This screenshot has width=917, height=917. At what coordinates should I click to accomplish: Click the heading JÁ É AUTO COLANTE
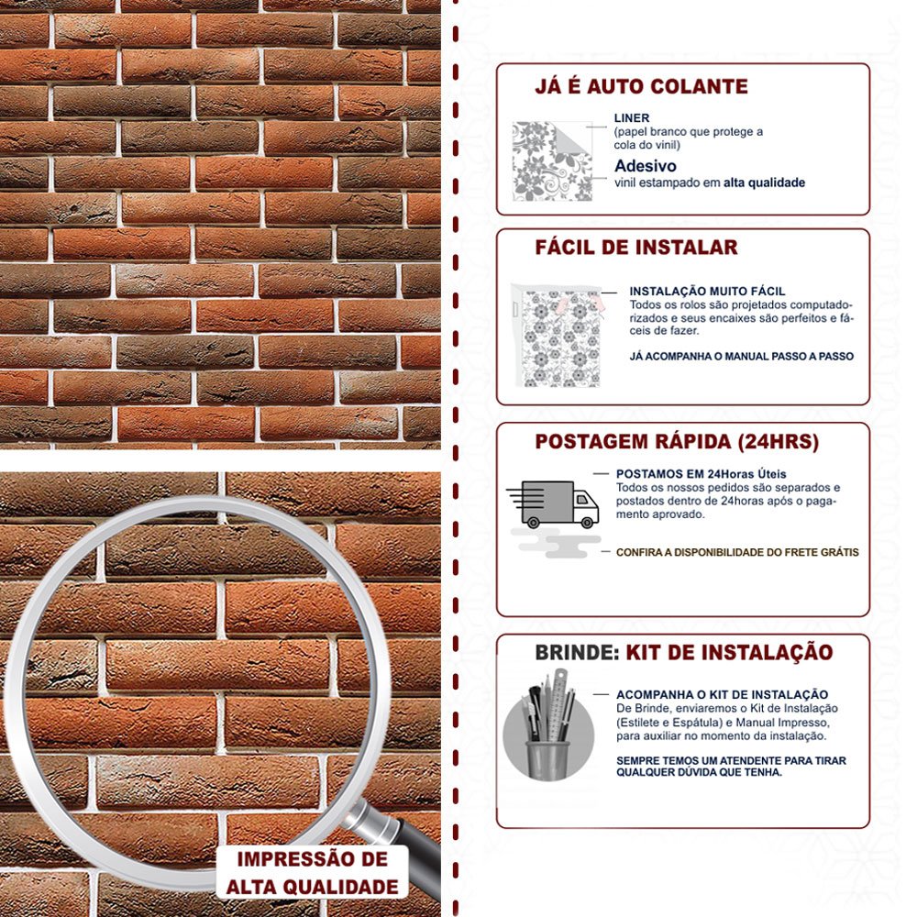[641, 86]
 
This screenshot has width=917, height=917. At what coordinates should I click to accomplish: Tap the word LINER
[632, 117]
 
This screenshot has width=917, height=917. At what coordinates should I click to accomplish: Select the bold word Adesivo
[645, 166]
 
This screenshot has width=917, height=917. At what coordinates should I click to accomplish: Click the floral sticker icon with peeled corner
[552, 160]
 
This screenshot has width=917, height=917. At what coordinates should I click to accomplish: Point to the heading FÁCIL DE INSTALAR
[636, 248]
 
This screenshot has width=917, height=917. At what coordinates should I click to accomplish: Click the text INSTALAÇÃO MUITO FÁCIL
[708, 292]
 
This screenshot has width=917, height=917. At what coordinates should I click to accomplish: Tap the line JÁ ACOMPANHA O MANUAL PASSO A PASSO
[742, 356]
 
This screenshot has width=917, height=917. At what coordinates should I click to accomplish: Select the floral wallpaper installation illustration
[557, 336]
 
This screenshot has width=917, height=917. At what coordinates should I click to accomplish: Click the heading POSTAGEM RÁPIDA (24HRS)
[677, 442]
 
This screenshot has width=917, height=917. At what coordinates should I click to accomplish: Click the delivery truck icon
[553, 504]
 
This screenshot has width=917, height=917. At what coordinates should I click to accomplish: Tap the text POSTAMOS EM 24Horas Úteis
[702, 474]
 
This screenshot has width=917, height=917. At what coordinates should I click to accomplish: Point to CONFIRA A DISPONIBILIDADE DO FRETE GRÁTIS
[737, 552]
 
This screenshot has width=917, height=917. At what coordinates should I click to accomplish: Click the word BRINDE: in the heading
[577, 653]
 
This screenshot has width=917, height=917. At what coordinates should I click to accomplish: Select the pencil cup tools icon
[549, 725]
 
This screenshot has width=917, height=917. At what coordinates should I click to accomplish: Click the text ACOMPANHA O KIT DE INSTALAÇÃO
[723, 695]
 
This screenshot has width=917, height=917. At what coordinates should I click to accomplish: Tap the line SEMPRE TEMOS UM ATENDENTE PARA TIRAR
[731, 761]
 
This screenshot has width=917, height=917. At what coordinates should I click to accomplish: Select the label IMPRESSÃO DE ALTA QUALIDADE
[313, 873]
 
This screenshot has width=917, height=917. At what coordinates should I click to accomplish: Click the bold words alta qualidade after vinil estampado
[764, 182]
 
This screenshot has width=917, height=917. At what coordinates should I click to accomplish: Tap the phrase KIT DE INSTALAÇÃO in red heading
[729, 653]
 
